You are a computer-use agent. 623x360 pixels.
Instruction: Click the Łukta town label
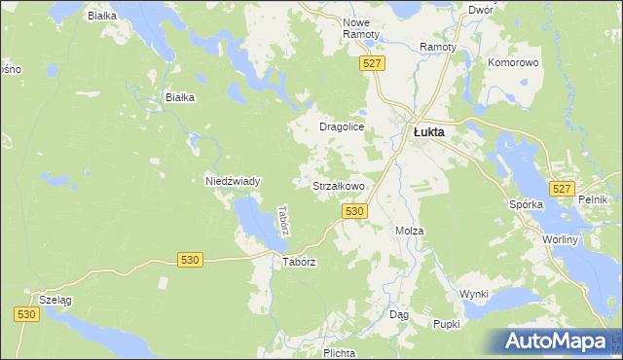(428, 132)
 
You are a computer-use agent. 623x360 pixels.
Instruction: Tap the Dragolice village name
(342, 127)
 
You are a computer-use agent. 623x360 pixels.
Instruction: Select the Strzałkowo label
(338, 185)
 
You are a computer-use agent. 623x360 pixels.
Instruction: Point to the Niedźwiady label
(232, 181)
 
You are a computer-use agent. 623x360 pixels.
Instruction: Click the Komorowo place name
(513, 61)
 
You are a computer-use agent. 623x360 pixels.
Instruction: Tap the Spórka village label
(526, 205)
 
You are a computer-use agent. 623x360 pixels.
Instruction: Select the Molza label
(409, 231)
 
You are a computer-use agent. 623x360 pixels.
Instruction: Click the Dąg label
(399, 315)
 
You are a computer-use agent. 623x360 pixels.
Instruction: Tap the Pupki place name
(447, 324)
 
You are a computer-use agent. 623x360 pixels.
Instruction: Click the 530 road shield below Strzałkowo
(354, 211)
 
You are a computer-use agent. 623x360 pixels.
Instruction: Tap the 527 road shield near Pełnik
(560, 189)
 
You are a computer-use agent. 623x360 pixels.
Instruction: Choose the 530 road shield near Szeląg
(26, 314)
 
